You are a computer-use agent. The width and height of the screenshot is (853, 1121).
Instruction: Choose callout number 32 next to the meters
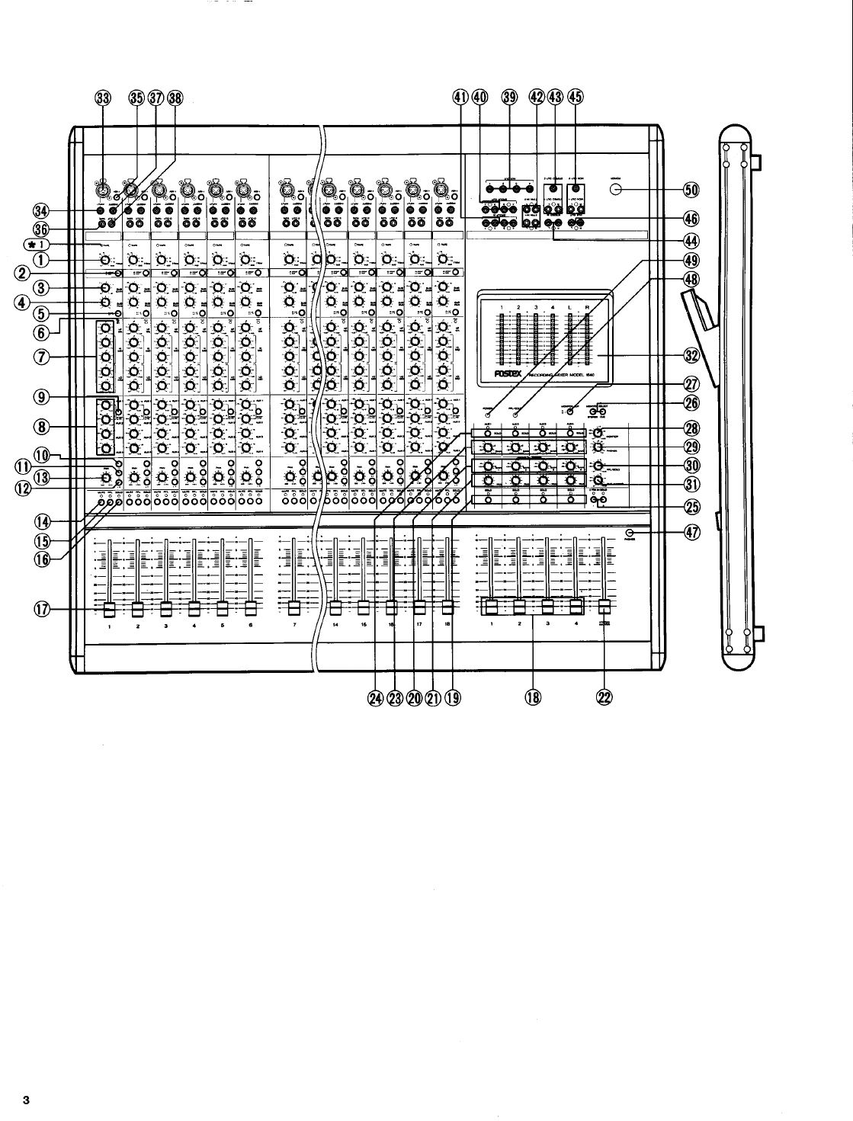click(691, 356)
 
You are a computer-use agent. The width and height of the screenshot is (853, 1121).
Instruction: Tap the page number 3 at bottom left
click(24, 1100)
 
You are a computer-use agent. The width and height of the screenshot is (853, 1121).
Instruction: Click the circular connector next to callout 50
click(620, 188)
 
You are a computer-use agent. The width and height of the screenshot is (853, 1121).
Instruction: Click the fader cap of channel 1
click(109, 608)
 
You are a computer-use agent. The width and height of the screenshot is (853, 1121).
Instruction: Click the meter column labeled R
click(589, 343)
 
